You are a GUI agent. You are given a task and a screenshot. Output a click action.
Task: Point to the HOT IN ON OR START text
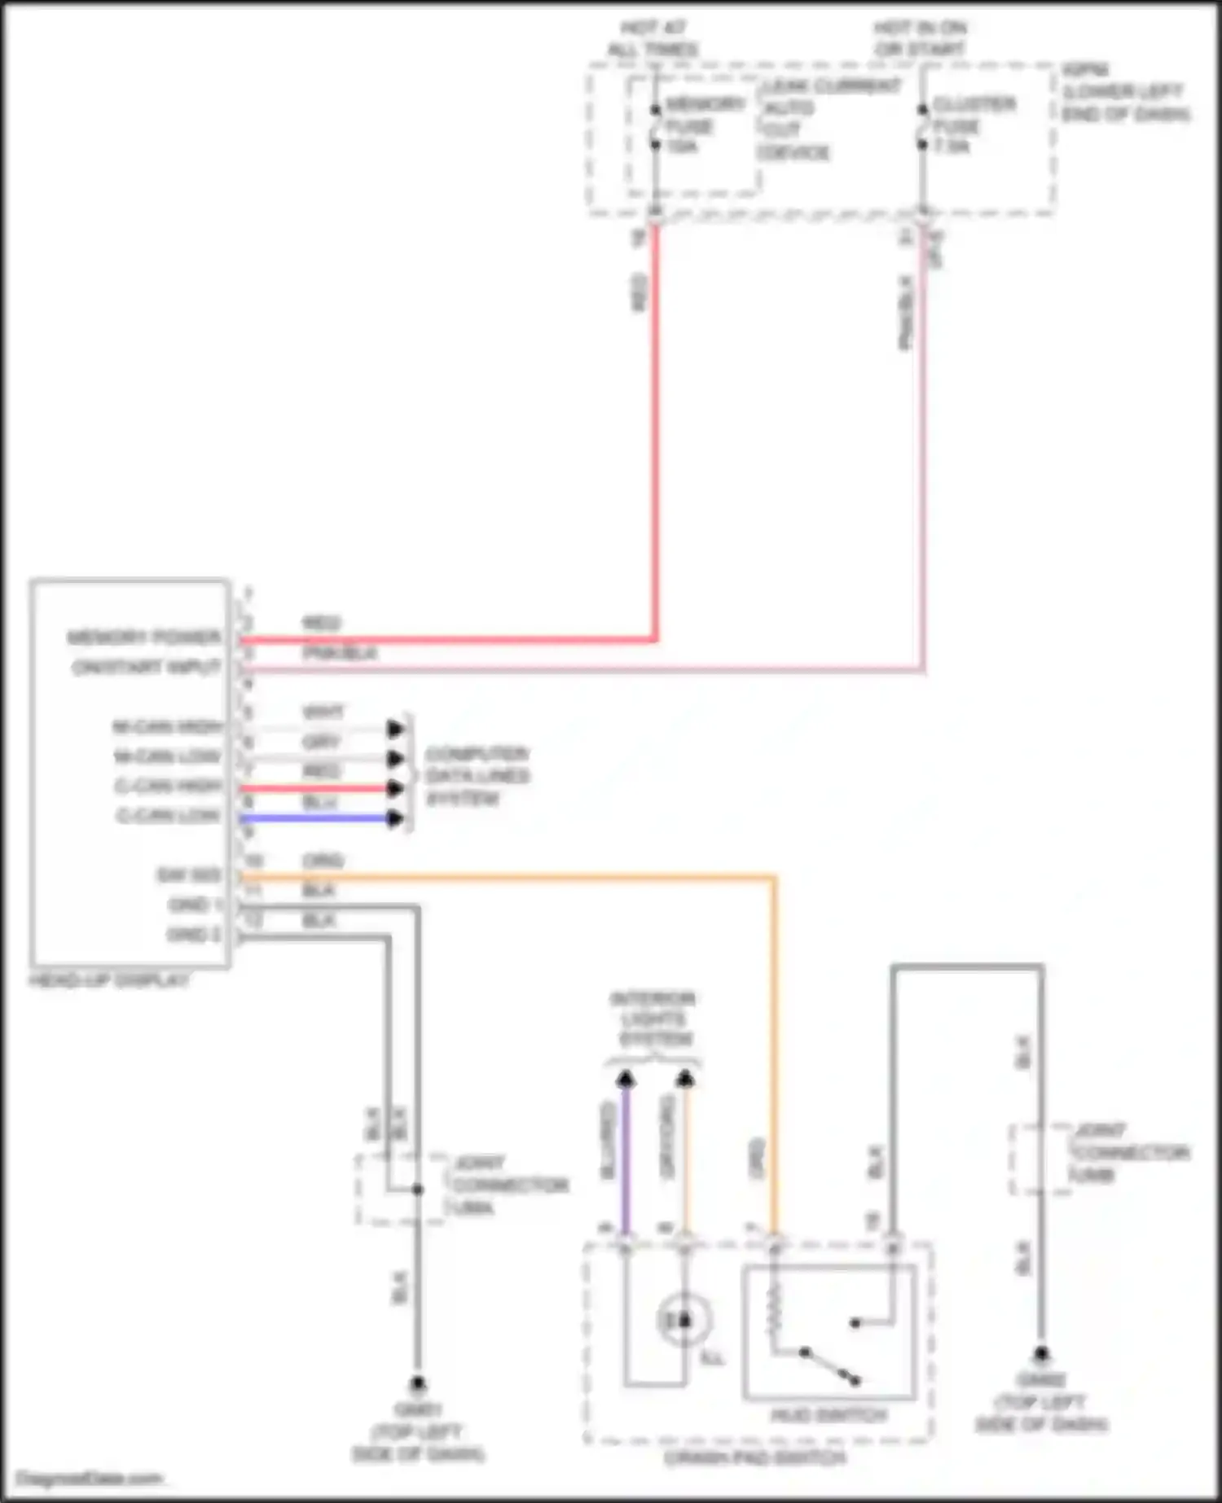921,38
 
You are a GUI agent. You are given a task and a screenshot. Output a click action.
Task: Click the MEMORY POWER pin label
145,637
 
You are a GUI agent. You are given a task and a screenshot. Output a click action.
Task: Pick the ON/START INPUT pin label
147,668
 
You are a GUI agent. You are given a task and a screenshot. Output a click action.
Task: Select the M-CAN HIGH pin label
168,726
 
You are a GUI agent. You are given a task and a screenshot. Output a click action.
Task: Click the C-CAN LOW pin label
169,815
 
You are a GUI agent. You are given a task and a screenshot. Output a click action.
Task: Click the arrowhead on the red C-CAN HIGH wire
395,788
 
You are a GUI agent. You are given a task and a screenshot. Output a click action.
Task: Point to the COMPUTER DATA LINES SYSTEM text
477,775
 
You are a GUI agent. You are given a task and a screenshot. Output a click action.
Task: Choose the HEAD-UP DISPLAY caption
109,980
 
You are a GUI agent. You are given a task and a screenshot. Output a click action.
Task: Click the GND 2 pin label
194,934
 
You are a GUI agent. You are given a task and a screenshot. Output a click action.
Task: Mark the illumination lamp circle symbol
684,1320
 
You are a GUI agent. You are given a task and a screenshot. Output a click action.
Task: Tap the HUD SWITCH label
829,1415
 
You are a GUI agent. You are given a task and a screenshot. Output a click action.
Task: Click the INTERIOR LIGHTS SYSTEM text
654,1019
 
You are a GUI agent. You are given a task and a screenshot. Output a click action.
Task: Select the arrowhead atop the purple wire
625,1080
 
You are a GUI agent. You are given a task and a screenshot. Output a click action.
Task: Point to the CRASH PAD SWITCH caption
755,1457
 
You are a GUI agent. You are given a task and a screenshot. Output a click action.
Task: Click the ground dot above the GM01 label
417,1382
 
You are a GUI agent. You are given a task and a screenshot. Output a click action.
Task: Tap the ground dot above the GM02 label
1040,1354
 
